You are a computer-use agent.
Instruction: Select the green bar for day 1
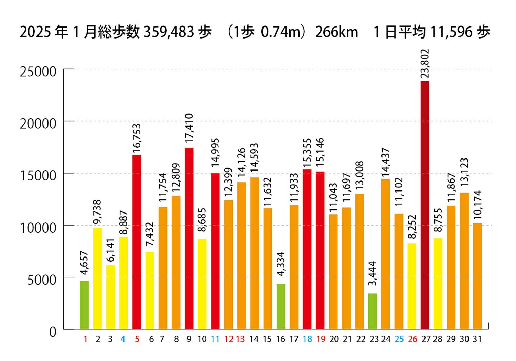click(84, 305)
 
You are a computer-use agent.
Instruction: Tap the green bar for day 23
click(373, 311)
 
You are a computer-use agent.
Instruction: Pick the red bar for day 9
click(189, 239)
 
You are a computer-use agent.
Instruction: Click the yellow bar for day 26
click(412, 286)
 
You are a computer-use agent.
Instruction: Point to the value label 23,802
click(425, 64)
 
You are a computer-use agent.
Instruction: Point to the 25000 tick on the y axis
click(38, 72)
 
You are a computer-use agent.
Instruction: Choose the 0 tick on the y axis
click(53, 332)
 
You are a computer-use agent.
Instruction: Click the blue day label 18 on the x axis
click(307, 339)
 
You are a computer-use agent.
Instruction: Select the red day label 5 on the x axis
click(137, 339)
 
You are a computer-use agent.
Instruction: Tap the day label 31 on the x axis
click(477, 339)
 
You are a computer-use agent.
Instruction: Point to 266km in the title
click(337, 32)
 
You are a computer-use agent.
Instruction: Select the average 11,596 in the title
click(451, 32)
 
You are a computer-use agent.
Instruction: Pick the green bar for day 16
click(281, 307)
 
